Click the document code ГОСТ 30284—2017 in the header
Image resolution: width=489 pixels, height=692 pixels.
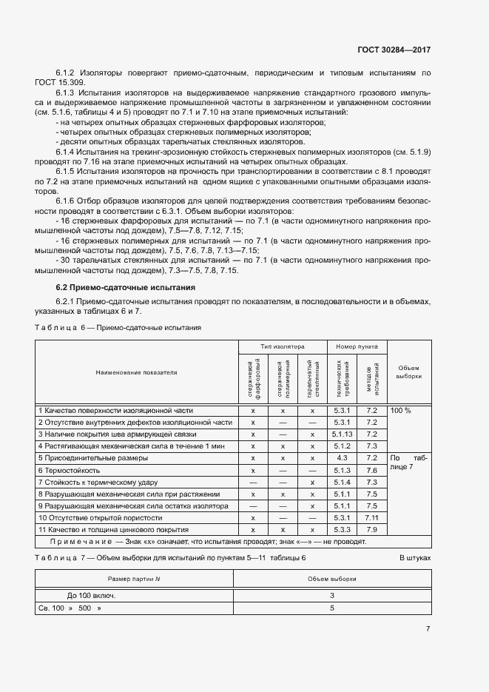394,50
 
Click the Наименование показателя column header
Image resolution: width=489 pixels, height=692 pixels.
136,372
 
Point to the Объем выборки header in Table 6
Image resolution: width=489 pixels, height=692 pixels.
408,372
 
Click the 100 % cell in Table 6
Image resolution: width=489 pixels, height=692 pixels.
400,409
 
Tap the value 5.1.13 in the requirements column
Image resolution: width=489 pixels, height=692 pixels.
342,434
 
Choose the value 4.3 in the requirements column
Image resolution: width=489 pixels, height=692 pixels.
342,458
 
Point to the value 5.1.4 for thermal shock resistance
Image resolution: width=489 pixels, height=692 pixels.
342,482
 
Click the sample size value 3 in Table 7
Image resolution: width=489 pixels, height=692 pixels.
332,595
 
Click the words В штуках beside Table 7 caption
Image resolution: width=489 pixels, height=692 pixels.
415,557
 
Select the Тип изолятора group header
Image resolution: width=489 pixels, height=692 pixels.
282,346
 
